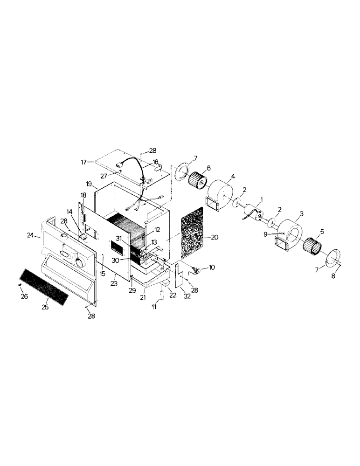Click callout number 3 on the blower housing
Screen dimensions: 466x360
(302, 213)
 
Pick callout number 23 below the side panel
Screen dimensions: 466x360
(114, 283)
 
